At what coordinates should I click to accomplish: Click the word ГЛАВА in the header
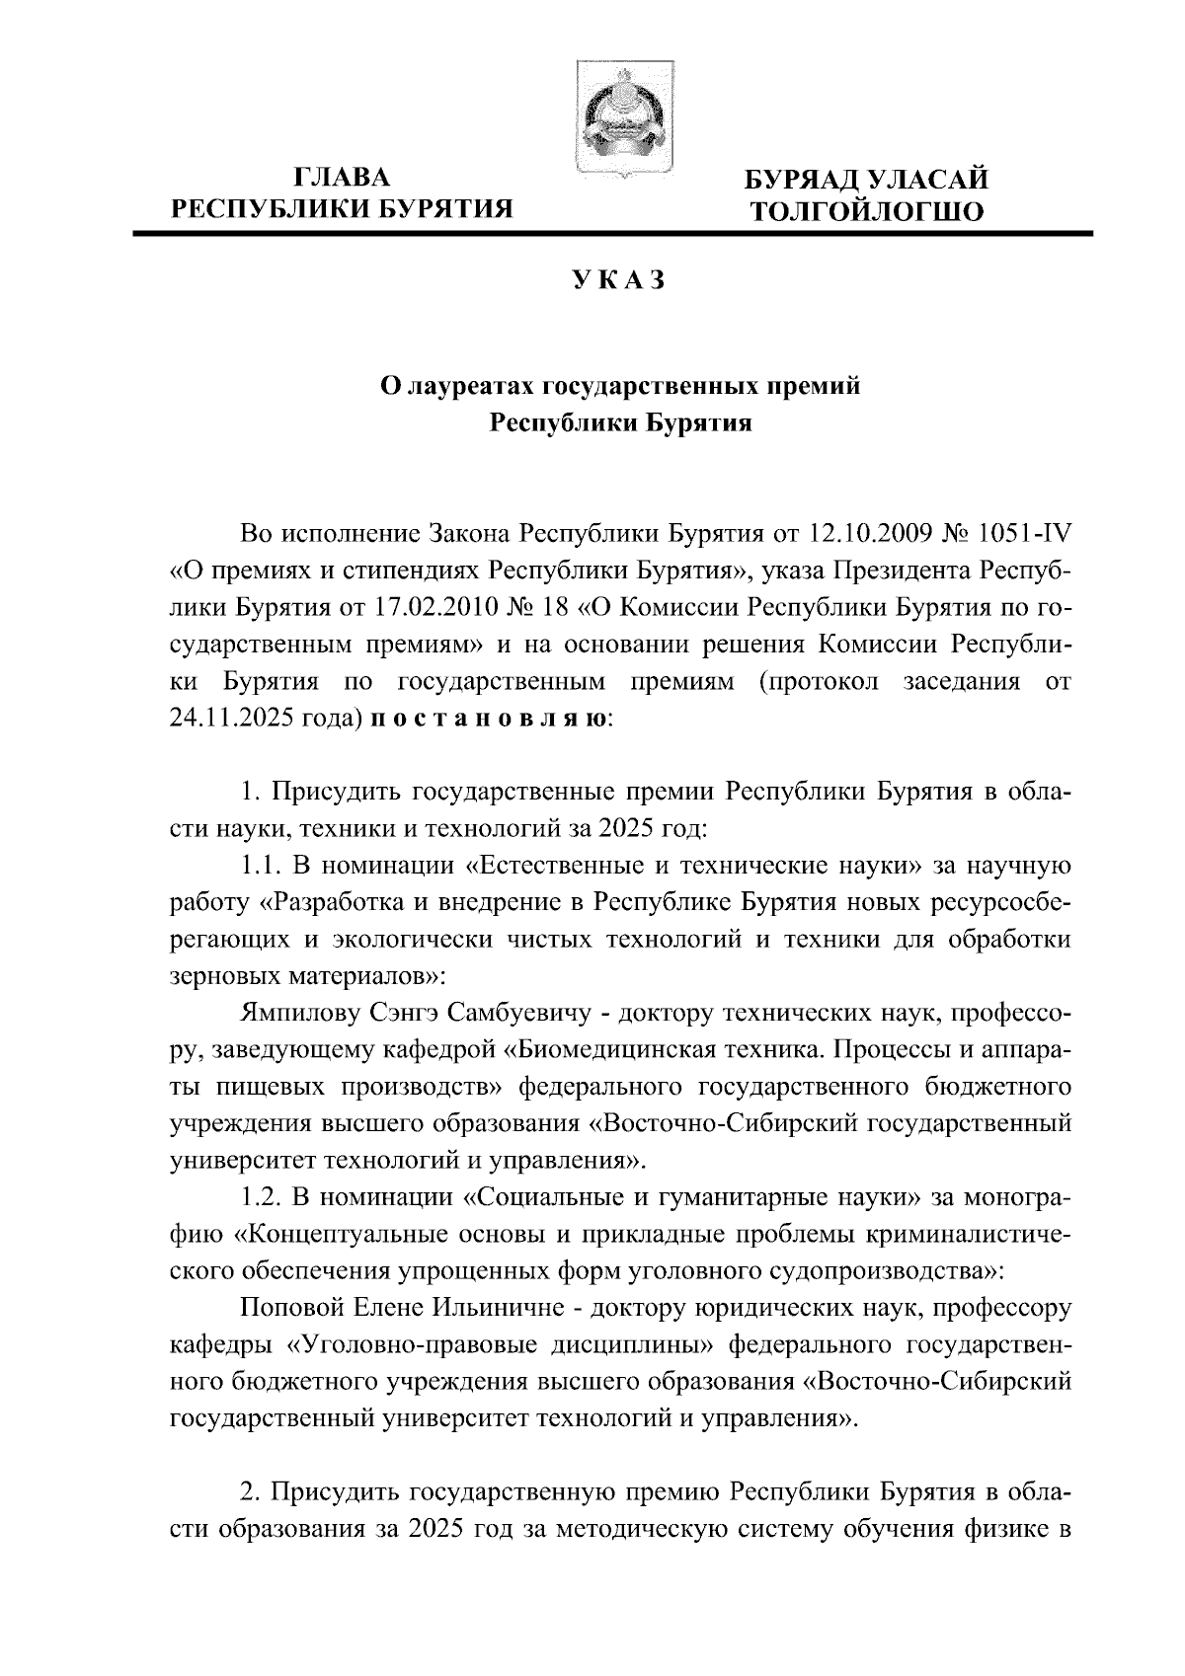tap(342, 179)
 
